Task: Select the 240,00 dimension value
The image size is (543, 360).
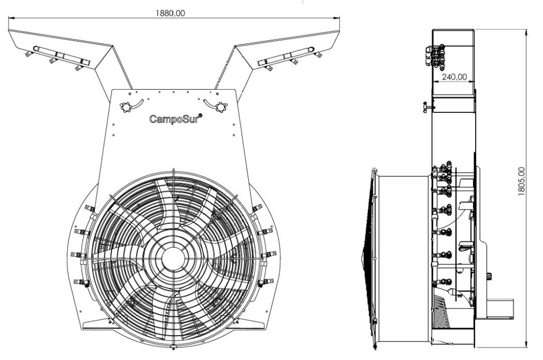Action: pos(454,76)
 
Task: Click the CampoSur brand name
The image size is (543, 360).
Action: pos(172,119)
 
